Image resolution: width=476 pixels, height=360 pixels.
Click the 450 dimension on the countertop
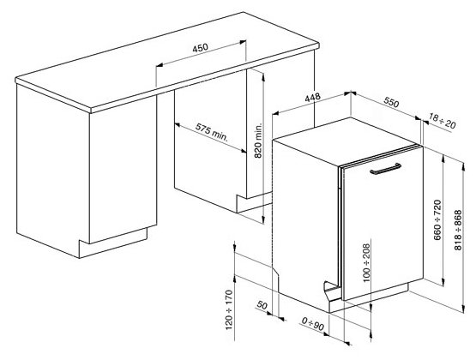pos(201,48)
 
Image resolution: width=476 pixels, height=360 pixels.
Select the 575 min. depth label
pos(211,132)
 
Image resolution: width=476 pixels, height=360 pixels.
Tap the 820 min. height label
pos(258,141)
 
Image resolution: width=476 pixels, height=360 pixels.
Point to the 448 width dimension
pos(313,98)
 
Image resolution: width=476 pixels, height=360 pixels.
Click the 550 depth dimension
pos(391,102)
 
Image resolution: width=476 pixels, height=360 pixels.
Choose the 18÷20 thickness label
pos(443,120)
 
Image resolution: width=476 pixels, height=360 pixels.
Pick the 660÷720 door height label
pos(437,220)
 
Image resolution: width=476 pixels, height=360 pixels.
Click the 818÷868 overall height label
pos(458,231)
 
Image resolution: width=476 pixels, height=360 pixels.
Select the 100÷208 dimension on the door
pos(367,262)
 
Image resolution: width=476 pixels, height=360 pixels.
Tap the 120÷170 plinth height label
pos(229,309)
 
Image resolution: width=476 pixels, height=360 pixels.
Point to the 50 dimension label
pos(262,305)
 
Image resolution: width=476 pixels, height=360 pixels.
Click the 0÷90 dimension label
pos(313,324)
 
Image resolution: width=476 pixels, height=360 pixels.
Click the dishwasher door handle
pos(386,169)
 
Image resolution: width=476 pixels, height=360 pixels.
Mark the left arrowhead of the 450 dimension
pos(159,64)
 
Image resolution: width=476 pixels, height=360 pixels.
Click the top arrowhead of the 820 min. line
pos(263,76)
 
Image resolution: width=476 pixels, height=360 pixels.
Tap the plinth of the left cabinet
pos(113,243)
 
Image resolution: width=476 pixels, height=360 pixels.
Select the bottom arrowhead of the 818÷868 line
pos(463,309)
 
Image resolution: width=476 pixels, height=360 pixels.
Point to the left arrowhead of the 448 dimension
pos(275,113)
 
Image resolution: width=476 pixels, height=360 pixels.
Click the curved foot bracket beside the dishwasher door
pos(331,287)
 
